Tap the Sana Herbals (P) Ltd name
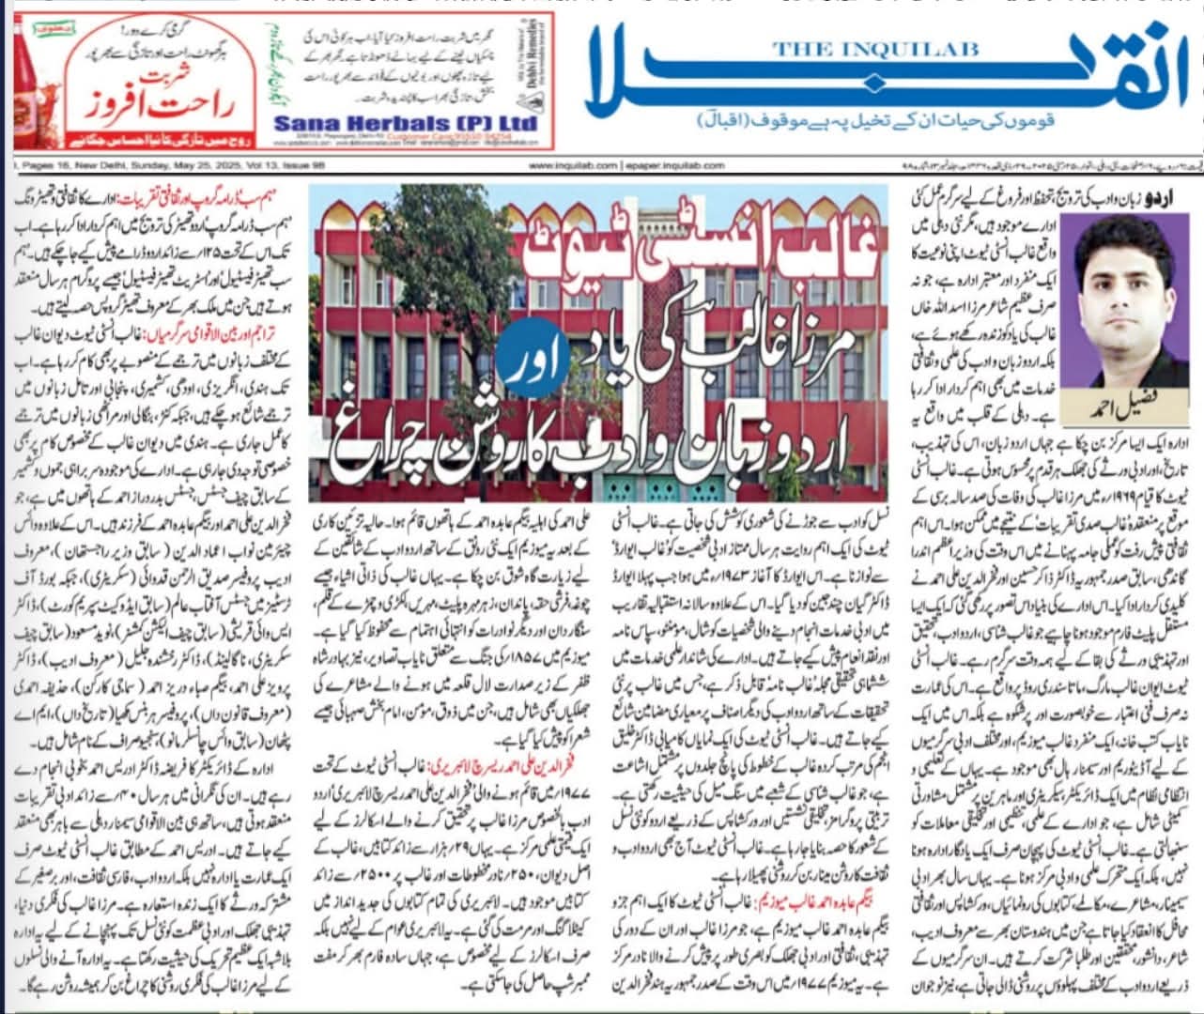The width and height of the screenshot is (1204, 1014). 406,124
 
